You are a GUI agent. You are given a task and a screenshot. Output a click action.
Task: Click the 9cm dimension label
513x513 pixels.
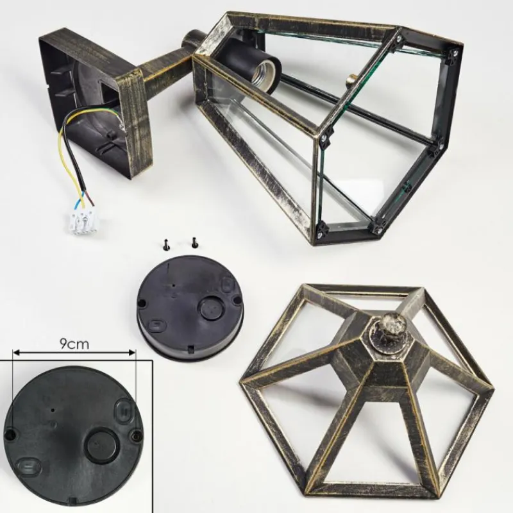point(74,344)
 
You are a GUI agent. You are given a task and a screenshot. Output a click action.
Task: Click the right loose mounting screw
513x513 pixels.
point(194,242)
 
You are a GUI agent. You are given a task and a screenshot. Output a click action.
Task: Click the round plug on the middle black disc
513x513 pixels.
point(213,307)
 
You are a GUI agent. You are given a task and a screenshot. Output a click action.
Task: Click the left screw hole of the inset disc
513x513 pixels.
point(11,435)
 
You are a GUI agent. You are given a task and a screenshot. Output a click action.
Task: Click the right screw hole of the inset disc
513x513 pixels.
point(135,435)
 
